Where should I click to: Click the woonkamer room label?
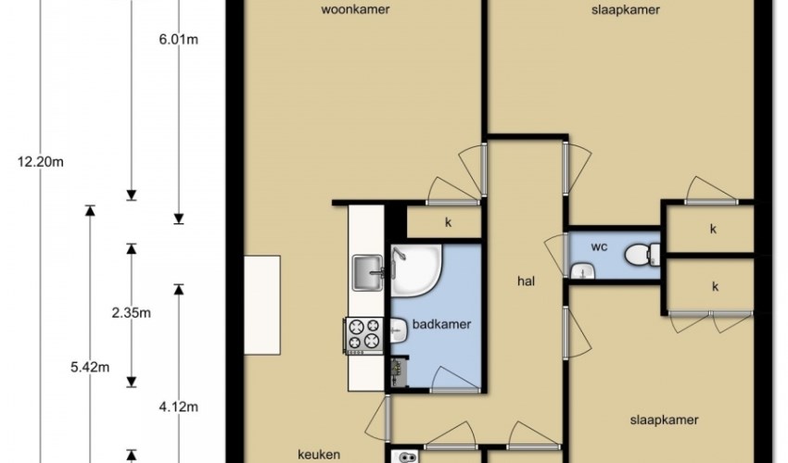point(355,9)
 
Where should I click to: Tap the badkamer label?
point(441,324)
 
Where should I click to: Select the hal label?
point(527,282)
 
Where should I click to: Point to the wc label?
point(599,246)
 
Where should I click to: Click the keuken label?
point(319,455)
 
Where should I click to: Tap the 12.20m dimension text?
point(40,162)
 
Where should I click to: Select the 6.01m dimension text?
point(178,39)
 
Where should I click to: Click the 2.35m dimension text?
point(131,313)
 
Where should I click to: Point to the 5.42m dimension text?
point(90,367)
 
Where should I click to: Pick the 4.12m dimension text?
point(178,407)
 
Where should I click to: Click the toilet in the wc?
point(642,254)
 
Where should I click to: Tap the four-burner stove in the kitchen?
point(363,335)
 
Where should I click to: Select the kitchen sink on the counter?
point(368,272)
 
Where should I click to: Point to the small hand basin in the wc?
point(582,271)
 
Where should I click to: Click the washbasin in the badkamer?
point(399,331)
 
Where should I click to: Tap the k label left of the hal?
point(448,222)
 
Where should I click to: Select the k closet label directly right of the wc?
point(713,229)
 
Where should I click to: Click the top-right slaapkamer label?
point(626,9)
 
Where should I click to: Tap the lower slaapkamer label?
point(665,419)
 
